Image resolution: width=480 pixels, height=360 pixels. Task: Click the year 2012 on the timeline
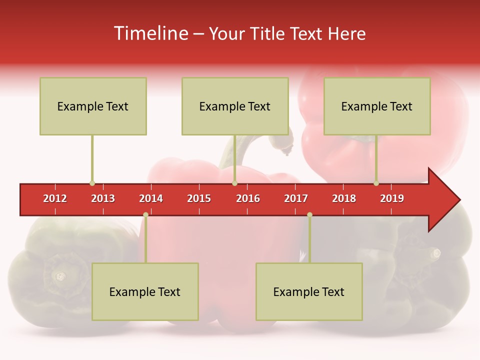point(55,198)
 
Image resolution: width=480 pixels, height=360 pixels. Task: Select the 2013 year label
point(103,198)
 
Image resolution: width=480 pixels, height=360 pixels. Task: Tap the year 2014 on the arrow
point(151,198)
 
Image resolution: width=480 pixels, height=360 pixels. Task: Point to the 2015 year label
point(199,198)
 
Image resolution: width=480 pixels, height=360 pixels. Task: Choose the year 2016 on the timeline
point(248,198)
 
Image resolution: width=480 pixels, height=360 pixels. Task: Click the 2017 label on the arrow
point(296,198)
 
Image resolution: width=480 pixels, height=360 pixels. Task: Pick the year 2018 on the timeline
point(344,198)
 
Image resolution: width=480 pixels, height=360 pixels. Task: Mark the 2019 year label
point(392,198)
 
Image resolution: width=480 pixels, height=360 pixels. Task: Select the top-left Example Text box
point(93,106)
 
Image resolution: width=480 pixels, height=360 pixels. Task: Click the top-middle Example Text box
point(235,106)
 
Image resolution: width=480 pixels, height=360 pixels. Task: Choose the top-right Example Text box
point(377,106)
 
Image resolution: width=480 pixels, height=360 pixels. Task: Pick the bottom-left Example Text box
point(145,292)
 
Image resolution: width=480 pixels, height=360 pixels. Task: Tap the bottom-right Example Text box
point(309,292)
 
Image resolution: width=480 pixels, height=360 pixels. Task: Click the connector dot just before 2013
point(92,183)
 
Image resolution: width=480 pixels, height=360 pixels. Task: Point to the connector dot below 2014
point(145,215)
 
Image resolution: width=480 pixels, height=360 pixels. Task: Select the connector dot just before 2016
point(234,183)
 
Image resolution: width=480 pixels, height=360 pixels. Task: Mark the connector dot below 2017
point(309,215)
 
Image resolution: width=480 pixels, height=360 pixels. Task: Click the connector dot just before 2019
point(376,183)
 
